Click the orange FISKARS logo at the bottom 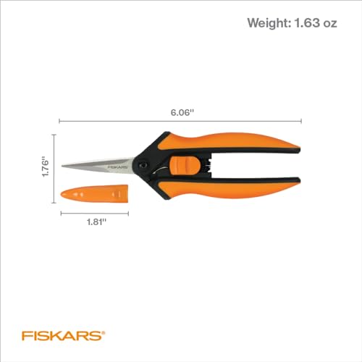tap(61, 336)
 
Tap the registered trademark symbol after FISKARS tap(104, 332)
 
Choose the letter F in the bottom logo tap(25, 336)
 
